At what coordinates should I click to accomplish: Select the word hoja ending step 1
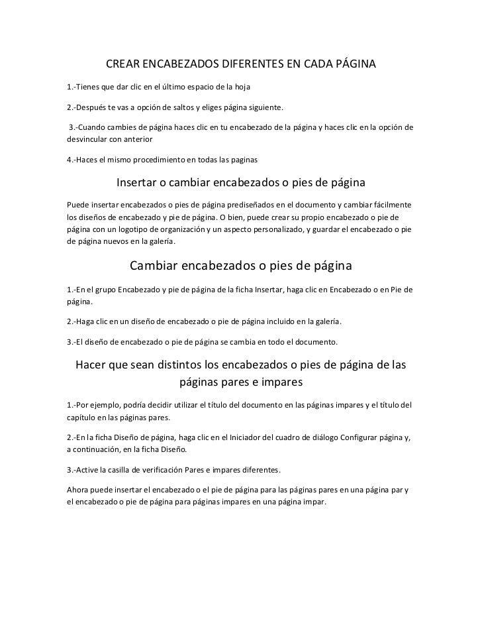point(240,87)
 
